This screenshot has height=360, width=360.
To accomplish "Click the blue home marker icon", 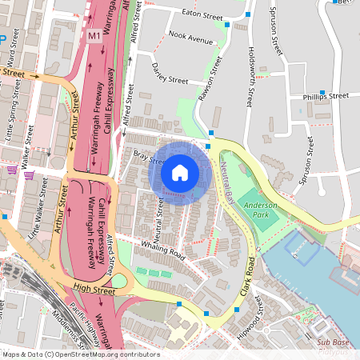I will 180,172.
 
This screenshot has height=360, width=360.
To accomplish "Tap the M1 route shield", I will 95,36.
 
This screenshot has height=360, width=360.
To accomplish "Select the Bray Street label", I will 148,158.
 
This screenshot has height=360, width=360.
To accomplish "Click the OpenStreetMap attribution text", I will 80,354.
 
